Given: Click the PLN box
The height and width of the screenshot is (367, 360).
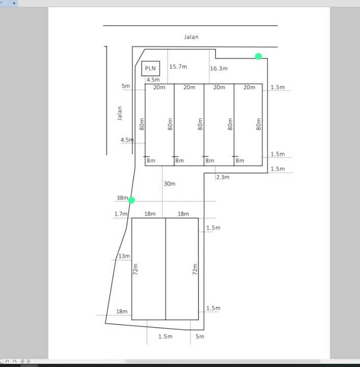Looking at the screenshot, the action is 151,69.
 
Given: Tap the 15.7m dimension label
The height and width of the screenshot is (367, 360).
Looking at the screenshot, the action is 178,67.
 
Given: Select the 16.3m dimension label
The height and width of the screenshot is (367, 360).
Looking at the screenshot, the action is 218,69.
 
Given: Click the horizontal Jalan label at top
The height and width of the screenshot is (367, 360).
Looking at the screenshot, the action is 191,37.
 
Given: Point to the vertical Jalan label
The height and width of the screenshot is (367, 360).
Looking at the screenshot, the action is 120,113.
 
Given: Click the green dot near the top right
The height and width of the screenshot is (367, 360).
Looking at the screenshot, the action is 258,57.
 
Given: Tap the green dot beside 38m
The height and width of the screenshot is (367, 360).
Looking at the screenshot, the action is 131,200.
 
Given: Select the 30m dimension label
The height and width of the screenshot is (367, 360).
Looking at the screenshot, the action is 170,183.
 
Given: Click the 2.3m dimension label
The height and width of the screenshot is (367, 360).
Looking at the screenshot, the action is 223,177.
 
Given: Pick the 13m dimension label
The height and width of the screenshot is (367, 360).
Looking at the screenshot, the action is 124,256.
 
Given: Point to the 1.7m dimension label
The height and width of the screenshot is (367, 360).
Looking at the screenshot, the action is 121,214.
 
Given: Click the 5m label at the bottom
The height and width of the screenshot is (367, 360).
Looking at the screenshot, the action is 200,336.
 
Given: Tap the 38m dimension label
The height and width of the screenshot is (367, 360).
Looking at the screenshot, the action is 122,198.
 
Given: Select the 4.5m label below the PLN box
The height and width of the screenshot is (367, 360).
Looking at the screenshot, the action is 153,80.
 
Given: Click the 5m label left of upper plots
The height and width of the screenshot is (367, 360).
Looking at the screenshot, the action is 126,86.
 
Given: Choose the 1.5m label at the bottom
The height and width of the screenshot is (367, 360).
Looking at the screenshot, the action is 165,336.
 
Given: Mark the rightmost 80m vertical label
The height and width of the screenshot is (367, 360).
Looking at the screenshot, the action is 258,124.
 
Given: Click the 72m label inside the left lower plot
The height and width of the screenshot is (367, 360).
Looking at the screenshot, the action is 135,269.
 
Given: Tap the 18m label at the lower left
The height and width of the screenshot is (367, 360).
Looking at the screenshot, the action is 122,311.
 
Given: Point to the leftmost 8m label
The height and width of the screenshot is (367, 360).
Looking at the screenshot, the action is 151,161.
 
